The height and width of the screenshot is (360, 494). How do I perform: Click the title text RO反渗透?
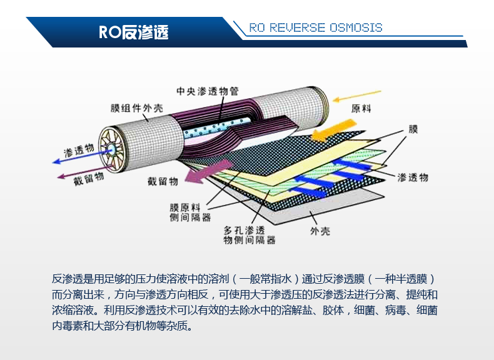point(134,32)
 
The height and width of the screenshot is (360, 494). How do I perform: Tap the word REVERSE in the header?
point(297,27)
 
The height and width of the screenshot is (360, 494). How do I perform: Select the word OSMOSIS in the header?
point(356,27)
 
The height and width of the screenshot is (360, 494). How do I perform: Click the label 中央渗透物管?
point(208,91)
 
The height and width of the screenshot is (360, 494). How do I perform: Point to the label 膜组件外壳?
point(137,108)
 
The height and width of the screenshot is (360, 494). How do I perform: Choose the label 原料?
point(361,109)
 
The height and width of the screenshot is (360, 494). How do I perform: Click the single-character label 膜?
point(413,129)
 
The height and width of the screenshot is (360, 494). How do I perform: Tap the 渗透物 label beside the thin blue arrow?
point(79,150)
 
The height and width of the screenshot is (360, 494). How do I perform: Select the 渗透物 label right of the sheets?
point(413,177)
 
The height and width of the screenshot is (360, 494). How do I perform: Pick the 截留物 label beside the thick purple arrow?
point(163,181)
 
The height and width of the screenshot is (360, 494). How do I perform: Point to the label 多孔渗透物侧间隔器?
point(250,235)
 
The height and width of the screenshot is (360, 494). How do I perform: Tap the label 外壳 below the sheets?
point(320,231)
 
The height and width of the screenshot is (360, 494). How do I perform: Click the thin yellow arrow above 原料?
point(357,96)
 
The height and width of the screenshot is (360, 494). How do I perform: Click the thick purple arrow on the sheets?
point(208,172)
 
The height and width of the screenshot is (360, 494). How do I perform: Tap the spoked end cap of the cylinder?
point(111,149)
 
